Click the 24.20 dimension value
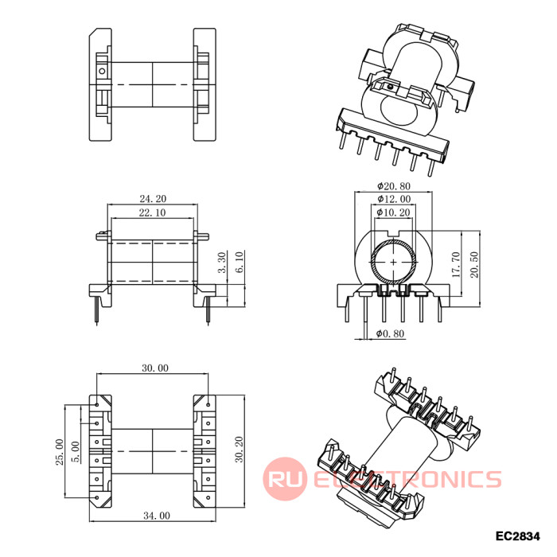tap(153, 199)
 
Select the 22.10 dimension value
tap(153, 212)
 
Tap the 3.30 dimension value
tap(222, 263)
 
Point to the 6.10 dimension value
tap(240, 262)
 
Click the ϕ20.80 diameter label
tap(394, 186)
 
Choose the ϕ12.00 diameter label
tap(394, 199)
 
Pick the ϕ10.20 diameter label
tap(394, 212)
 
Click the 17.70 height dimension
tap(456, 265)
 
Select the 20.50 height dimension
tap(474, 265)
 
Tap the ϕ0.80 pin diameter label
tap(391, 333)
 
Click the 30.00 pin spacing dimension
tap(155, 368)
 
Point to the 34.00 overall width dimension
tap(157, 516)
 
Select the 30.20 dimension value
tap(240, 450)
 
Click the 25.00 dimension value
tap(60, 452)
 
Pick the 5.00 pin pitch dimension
tap(76, 452)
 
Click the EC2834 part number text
tap(517, 536)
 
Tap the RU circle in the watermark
tap(285, 479)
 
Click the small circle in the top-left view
tap(102, 71)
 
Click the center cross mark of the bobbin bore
tap(394, 262)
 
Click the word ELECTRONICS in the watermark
tap(407, 479)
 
